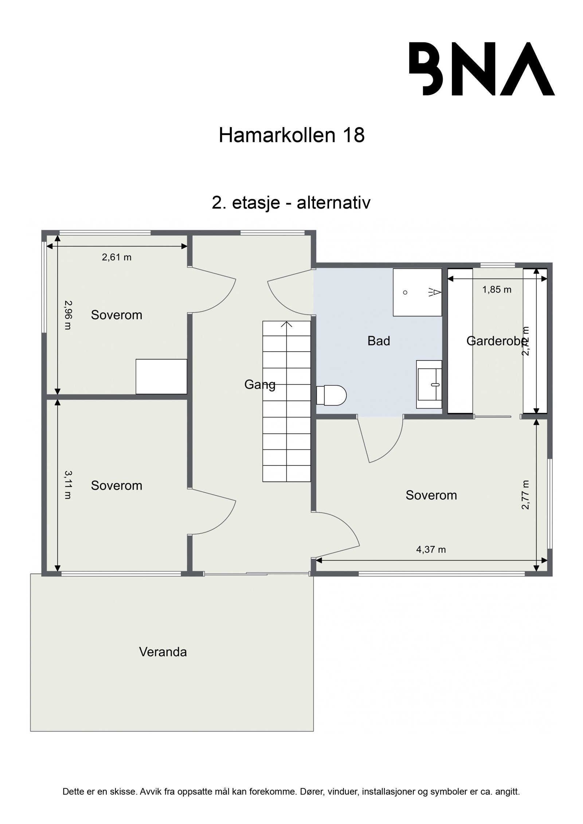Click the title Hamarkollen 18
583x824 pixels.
[x=291, y=135]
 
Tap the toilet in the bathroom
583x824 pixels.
[x=331, y=395]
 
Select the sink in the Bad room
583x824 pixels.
[x=429, y=385]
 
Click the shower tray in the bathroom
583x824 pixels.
[x=417, y=292]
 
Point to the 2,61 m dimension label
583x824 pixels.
[x=116, y=257]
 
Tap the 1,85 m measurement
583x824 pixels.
[x=497, y=289]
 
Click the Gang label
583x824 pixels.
[x=259, y=385]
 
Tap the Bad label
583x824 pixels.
[x=379, y=341]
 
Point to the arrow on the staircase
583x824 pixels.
[x=287, y=324]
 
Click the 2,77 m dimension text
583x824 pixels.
[x=525, y=494]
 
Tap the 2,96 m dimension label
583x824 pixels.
[x=68, y=315]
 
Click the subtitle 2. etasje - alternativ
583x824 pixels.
[x=291, y=203]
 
